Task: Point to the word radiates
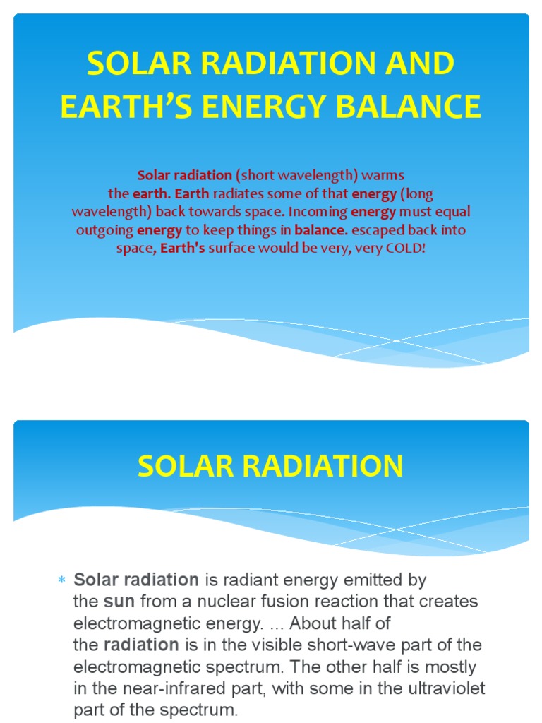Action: coord(234,193)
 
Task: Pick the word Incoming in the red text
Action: coord(319,211)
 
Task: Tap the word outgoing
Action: coord(105,229)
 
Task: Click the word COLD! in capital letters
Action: coord(404,248)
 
